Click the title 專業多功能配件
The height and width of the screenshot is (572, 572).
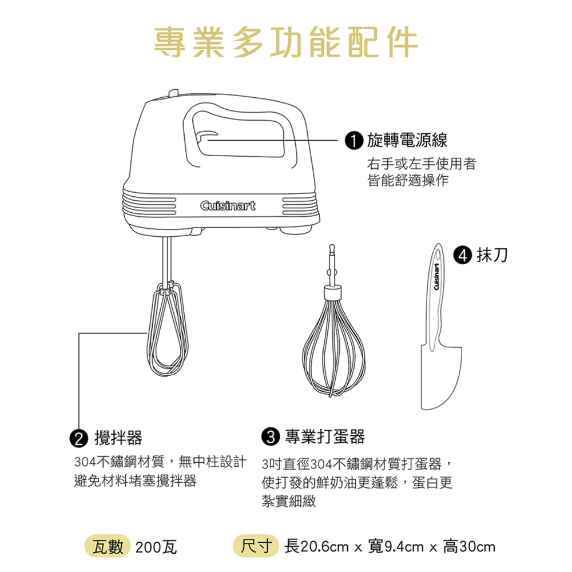click(286, 42)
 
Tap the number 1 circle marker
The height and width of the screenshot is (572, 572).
click(354, 141)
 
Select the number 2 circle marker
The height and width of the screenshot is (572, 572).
click(79, 438)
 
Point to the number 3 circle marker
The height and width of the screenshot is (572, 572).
click(271, 436)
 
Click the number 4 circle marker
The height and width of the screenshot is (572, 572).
click(463, 255)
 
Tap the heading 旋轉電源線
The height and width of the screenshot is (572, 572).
click(407, 141)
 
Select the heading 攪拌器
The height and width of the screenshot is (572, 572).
click(118, 438)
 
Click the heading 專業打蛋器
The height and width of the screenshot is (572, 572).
click(325, 436)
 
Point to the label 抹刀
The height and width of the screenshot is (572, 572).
click(492, 255)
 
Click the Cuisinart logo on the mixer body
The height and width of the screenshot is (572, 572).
click(228, 206)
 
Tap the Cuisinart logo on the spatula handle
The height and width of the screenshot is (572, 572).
click(436, 276)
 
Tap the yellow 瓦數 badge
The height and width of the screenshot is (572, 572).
click(108, 547)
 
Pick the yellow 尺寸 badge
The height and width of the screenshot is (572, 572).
click(256, 546)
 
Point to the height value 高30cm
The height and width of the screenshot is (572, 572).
click(469, 547)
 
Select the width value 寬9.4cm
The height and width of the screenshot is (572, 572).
click(396, 547)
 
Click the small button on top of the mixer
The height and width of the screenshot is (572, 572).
click(174, 93)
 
